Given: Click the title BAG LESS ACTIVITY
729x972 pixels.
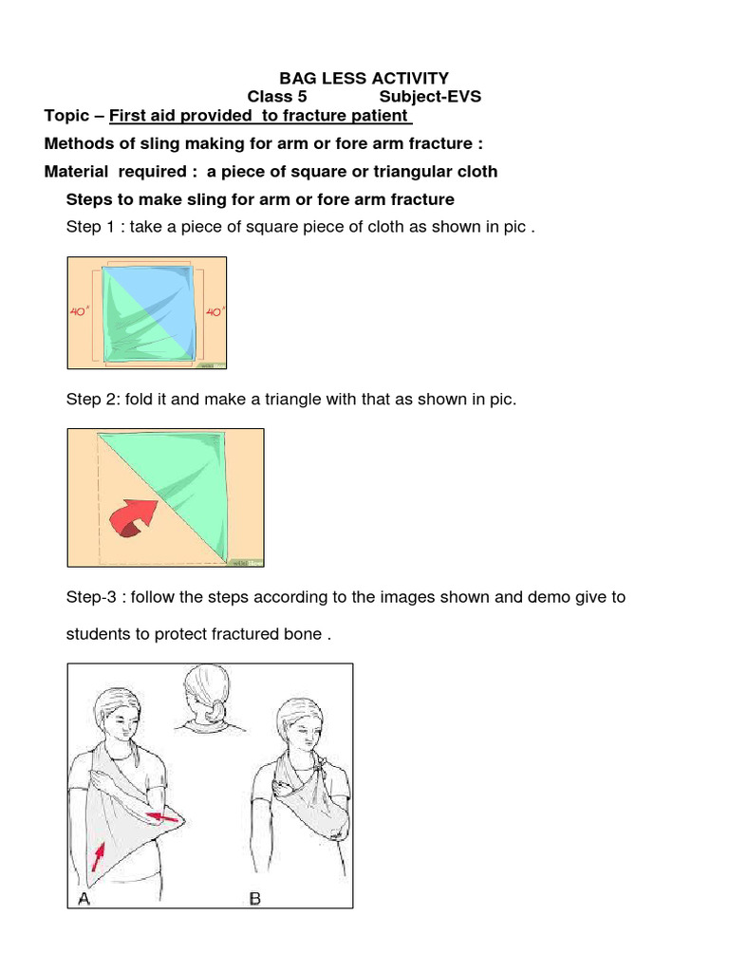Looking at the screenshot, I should pyautogui.click(x=364, y=79).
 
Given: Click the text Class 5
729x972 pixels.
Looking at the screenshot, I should pyautogui.click(x=277, y=97).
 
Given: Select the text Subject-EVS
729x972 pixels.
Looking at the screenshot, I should pyautogui.click(x=430, y=97).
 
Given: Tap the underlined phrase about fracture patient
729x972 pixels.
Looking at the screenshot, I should pyautogui.click(x=260, y=116).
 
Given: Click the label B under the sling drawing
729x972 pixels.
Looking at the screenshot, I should pyautogui.click(x=254, y=898).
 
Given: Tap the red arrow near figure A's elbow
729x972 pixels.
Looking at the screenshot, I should pyautogui.click(x=162, y=813).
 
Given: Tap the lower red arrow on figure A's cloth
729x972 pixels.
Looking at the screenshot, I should pyautogui.click(x=97, y=858).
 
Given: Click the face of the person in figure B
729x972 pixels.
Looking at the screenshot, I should pyautogui.click(x=303, y=731).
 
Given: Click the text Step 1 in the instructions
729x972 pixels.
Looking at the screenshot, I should pyautogui.click(x=91, y=228).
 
